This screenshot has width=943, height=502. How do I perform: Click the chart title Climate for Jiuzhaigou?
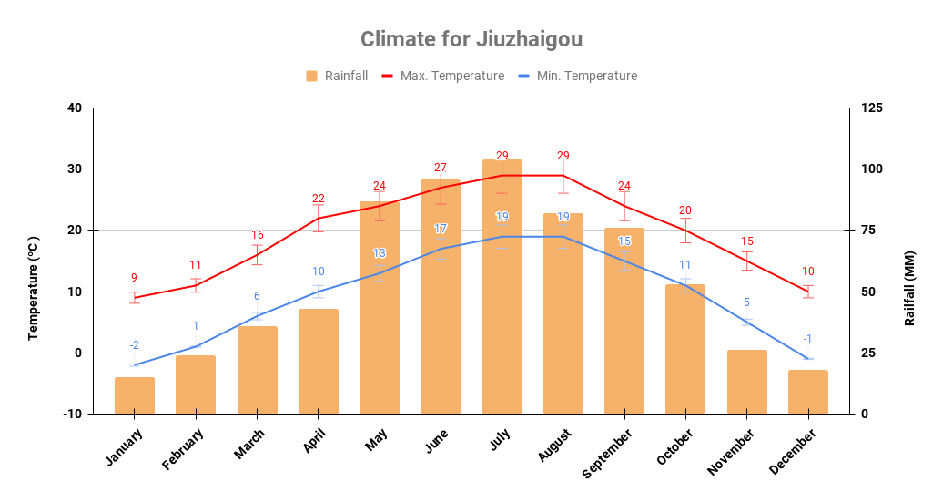point(471,39)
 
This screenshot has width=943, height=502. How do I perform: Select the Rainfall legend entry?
point(337,76)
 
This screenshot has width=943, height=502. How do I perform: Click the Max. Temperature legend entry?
point(442,76)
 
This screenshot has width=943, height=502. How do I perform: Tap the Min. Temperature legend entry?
point(577,76)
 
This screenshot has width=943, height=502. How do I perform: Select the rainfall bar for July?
point(502,287)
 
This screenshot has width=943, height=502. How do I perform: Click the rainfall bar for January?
point(135,395)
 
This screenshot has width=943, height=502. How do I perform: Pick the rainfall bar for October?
point(685,349)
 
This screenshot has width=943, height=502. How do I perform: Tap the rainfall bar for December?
point(808,392)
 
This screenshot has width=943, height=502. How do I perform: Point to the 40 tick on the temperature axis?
point(74,108)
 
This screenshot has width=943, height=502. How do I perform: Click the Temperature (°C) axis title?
point(34,288)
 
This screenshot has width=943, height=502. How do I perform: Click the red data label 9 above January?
point(134,278)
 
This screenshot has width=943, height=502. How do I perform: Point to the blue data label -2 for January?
point(134,345)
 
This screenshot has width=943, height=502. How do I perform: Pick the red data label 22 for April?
point(319,199)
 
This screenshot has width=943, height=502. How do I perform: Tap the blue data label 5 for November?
point(746,302)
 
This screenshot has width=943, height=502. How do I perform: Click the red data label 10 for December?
point(807,271)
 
